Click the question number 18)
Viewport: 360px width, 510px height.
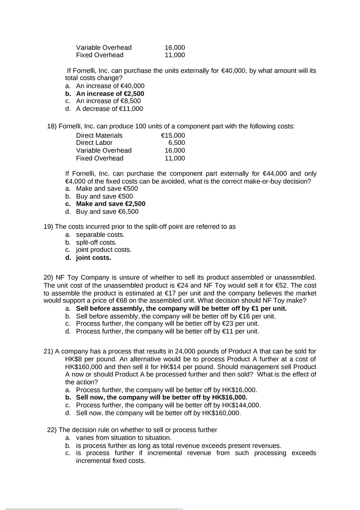click(52, 126)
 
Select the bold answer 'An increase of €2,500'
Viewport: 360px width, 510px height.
click(110, 93)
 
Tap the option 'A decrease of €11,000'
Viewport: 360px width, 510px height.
click(109, 108)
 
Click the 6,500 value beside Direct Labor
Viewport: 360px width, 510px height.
click(176, 143)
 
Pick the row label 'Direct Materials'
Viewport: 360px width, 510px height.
click(99, 135)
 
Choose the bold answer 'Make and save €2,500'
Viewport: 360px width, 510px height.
click(110, 204)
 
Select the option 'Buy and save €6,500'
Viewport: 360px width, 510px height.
click(107, 211)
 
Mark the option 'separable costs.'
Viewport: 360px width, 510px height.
click(100, 234)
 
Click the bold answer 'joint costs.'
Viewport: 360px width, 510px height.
click(93, 258)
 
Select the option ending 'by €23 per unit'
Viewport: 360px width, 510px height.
click(167, 324)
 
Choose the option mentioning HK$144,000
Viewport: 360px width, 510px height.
click(168, 405)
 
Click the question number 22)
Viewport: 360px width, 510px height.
click(52, 429)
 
